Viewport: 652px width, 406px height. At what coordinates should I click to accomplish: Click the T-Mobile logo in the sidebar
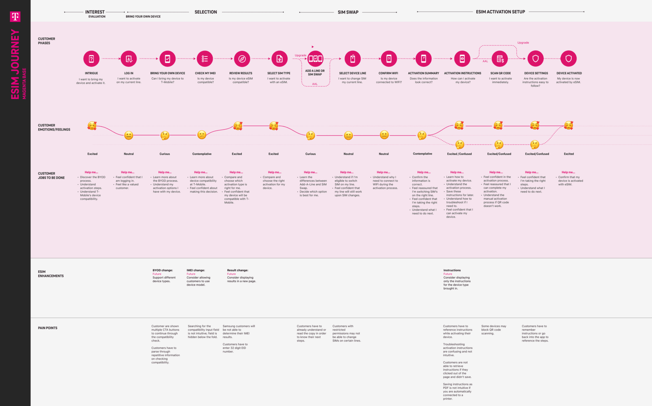[15, 16]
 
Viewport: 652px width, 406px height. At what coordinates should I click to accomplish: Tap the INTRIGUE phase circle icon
[91, 59]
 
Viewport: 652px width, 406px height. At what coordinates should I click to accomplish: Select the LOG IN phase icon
[128, 59]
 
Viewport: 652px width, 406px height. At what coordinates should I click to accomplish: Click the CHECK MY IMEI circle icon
[205, 59]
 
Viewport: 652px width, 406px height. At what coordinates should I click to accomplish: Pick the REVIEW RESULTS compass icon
[242, 59]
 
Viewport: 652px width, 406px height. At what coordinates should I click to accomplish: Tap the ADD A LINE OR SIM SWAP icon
[315, 59]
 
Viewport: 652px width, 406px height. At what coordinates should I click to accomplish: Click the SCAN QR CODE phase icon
[500, 59]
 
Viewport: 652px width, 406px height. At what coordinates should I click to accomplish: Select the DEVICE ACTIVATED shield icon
[569, 59]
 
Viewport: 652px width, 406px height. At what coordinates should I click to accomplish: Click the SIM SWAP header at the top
[348, 12]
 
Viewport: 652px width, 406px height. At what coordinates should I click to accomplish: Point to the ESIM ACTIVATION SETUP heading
[500, 12]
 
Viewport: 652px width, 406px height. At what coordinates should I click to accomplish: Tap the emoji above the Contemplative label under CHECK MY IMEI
[201, 135]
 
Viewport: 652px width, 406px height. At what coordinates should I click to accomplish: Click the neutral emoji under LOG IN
[128, 135]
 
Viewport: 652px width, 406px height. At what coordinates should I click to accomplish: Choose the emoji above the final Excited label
[569, 125]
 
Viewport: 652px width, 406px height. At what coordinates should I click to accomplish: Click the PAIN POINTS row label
[47, 328]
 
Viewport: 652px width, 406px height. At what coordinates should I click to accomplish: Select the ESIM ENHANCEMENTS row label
[50, 274]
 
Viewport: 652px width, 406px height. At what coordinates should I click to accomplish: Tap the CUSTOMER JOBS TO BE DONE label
[51, 176]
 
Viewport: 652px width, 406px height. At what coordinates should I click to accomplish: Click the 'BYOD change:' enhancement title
[163, 270]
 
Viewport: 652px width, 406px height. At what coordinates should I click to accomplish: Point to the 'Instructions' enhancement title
[452, 270]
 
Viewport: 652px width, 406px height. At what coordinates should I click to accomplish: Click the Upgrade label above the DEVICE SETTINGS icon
[523, 43]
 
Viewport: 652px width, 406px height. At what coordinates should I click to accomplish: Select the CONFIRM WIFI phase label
[388, 73]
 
